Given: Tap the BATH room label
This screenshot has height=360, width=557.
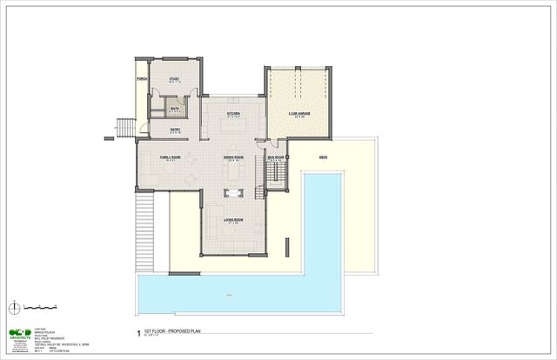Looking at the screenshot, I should pos(174,108).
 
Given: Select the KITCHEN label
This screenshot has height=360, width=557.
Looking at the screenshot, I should pos(233,114).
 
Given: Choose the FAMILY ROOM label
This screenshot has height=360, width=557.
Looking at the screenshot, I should pos(169,157).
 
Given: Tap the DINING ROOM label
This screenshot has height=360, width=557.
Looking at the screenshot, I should pos(232,158).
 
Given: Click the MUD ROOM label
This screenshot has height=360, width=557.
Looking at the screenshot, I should pos(276,158).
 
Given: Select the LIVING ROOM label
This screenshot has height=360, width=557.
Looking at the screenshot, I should pos(232,220).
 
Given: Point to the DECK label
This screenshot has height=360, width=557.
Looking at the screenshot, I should pos(323,157).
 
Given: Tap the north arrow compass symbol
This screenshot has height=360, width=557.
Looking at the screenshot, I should pos(13,306).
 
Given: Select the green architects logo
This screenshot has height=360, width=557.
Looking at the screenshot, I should pos(19,334).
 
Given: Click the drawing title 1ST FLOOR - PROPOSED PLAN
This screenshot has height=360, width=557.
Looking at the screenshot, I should pos(175,331).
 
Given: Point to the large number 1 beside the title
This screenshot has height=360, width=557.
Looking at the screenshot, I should pos(138,332).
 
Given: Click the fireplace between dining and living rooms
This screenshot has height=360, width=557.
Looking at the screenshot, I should pos(232,192).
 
